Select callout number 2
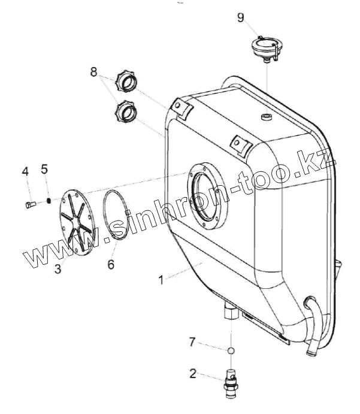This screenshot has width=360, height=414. point(192,374)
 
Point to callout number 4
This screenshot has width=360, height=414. point(25,172)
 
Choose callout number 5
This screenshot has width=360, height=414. point(44,168)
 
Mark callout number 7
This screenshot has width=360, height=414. point(192,342)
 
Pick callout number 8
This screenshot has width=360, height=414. point(93,72)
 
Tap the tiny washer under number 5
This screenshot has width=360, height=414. point(49,201)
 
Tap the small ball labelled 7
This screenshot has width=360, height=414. point(230,350)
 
